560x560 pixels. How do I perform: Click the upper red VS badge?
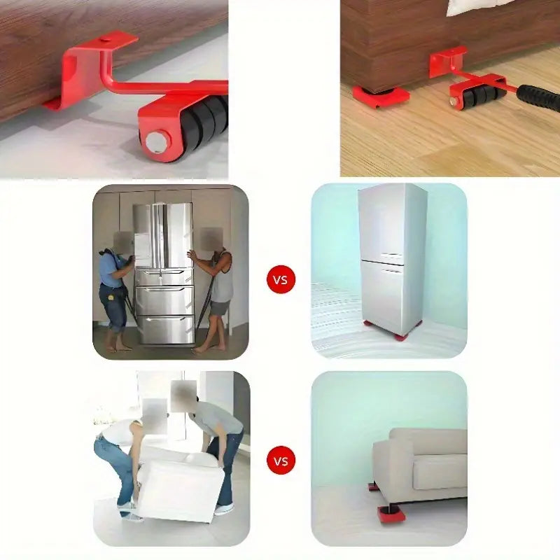[281, 280]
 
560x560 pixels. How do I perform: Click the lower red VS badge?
[281, 461]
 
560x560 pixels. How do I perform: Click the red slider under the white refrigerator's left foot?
[369, 324]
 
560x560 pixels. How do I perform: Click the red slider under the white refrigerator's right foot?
[400, 336]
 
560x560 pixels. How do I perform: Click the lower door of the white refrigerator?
[382, 294]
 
